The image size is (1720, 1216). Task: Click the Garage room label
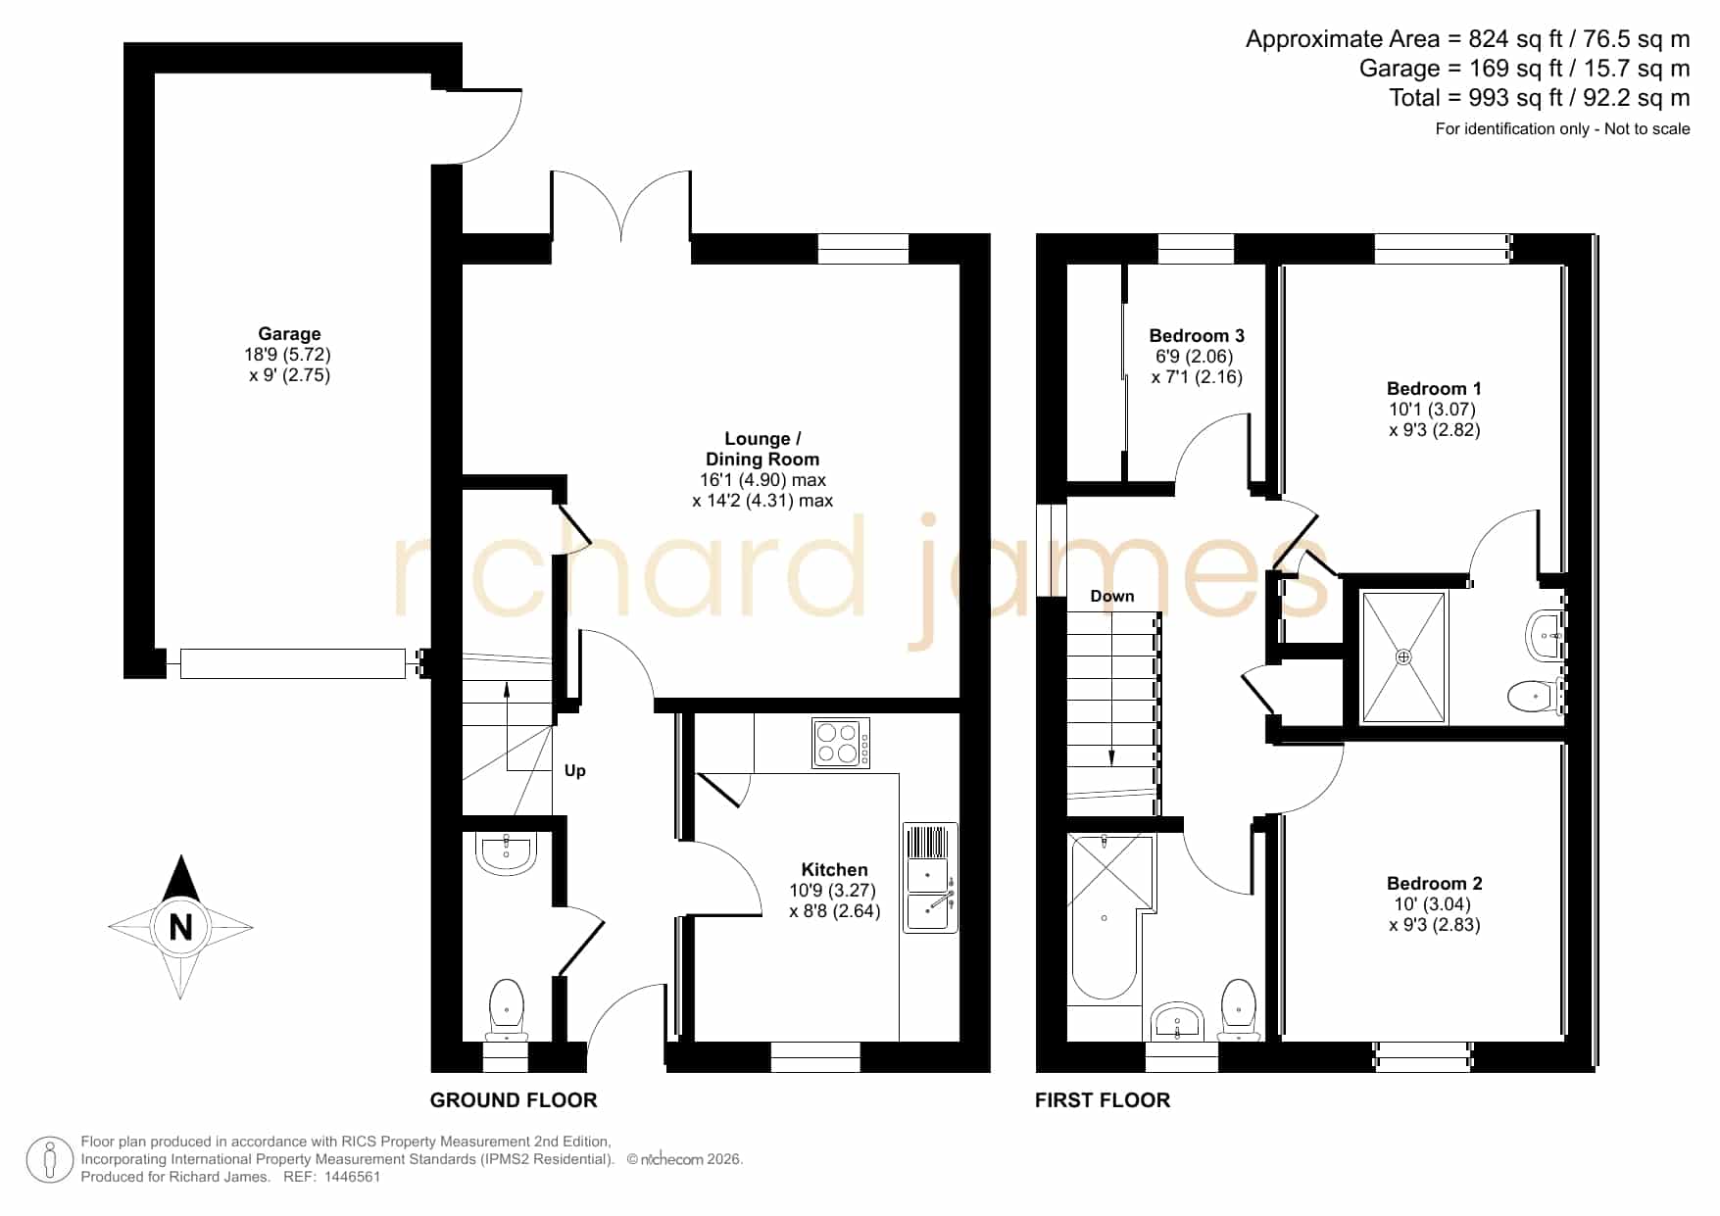click(x=289, y=334)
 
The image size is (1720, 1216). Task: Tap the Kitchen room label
click(x=834, y=869)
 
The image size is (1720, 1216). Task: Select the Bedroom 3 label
click(x=1197, y=336)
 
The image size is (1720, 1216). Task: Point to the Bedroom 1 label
click(x=1434, y=389)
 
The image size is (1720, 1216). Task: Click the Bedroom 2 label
click(x=1434, y=884)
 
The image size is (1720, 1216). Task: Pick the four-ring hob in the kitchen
click(x=841, y=744)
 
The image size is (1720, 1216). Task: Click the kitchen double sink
click(x=929, y=878)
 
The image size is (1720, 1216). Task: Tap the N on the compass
click(x=180, y=927)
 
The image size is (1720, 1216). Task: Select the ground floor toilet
click(x=507, y=1010)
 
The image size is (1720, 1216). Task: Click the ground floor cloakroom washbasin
click(x=506, y=852)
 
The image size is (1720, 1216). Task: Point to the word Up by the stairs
click(x=575, y=771)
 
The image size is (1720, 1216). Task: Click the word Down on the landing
click(x=1112, y=596)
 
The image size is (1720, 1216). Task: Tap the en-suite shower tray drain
click(x=1403, y=657)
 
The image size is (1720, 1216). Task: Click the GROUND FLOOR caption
click(x=514, y=1100)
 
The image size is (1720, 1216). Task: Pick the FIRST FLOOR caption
click(x=1103, y=1100)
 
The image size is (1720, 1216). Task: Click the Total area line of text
click(x=1540, y=98)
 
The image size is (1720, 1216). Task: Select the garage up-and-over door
click(x=293, y=663)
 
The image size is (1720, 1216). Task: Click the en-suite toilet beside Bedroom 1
click(x=1534, y=696)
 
